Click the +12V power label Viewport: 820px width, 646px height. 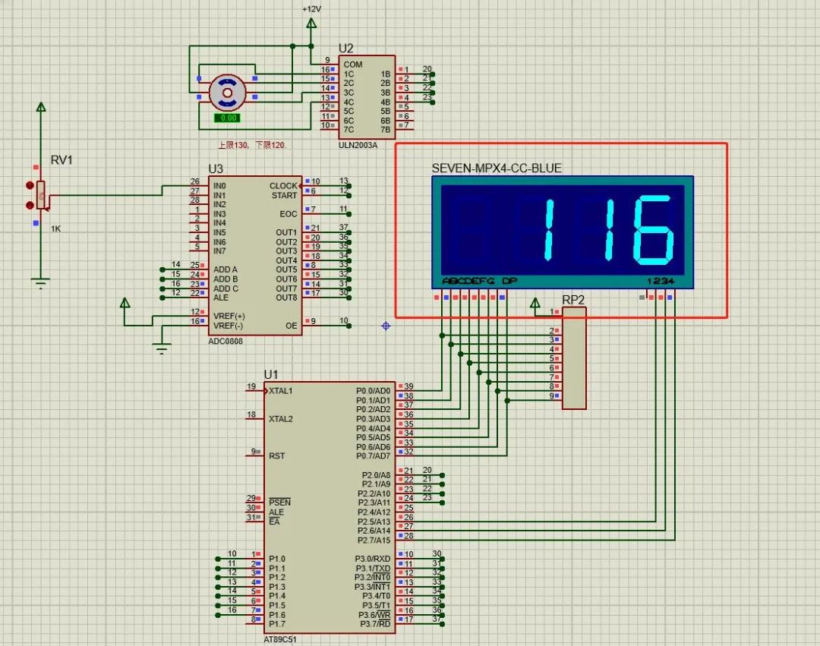tap(311, 8)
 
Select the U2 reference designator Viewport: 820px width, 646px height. tap(346, 48)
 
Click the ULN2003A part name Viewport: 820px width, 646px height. tap(359, 144)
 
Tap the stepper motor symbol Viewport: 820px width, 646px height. tap(227, 93)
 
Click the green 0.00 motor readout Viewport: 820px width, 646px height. tap(226, 118)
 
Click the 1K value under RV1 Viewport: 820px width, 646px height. tap(56, 228)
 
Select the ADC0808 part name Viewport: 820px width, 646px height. tap(226, 340)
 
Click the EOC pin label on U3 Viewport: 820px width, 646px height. tap(289, 214)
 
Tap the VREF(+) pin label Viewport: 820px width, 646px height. tap(229, 316)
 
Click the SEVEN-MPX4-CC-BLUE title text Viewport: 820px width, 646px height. tap(497, 168)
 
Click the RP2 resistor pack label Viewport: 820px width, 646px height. tap(573, 300)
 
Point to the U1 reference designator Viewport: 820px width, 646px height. tap(271, 374)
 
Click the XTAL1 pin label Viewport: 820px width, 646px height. tap(281, 391)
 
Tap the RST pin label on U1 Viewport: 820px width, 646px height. tap(277, 455)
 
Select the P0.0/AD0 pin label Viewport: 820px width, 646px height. tap(373, 391)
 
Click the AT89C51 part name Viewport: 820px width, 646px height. tap(282, 638)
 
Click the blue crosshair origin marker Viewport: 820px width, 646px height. tap(386, 325)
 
